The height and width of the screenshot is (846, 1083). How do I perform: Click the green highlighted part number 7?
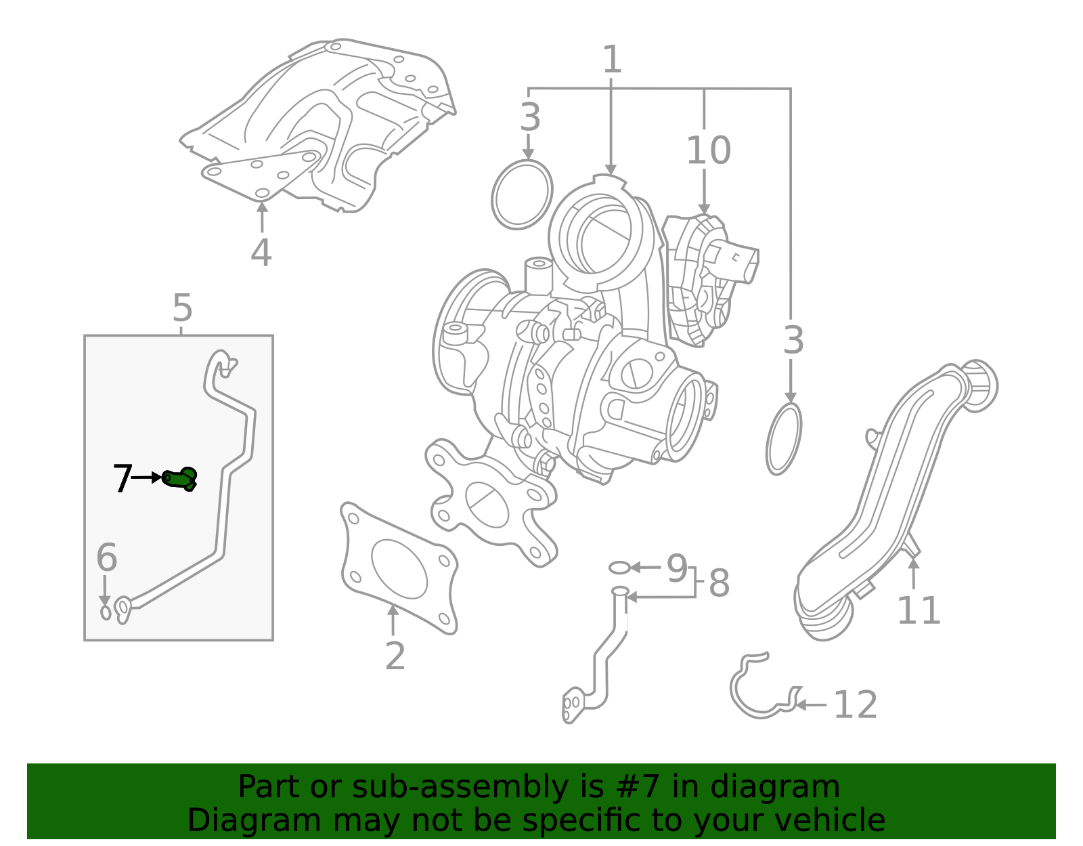[180, 478]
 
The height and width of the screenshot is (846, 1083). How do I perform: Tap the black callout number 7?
[122, 479]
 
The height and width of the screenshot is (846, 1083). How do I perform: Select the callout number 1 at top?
[611, 60]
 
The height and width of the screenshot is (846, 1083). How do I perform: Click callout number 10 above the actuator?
[708, 150]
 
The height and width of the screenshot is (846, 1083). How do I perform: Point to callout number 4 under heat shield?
[261, 253]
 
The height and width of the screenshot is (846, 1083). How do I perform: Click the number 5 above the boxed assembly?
[182, 309]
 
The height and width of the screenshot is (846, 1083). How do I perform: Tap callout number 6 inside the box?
[106, 557]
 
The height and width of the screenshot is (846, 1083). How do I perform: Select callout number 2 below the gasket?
[395, 656]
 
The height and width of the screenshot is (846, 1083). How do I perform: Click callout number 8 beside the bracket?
[719, 583]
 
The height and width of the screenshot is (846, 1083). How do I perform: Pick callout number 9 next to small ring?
[676, 568]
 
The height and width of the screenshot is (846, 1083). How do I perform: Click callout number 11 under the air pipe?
[918, 611]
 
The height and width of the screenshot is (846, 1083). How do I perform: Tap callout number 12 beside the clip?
[855, 705]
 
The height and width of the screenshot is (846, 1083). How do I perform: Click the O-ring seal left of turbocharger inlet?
[522, 194]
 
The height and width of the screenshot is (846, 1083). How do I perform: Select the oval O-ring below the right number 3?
[784, 439]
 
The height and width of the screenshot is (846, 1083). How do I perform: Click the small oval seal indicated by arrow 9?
[619, 567]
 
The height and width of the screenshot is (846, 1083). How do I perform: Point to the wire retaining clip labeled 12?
[758, 691]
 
